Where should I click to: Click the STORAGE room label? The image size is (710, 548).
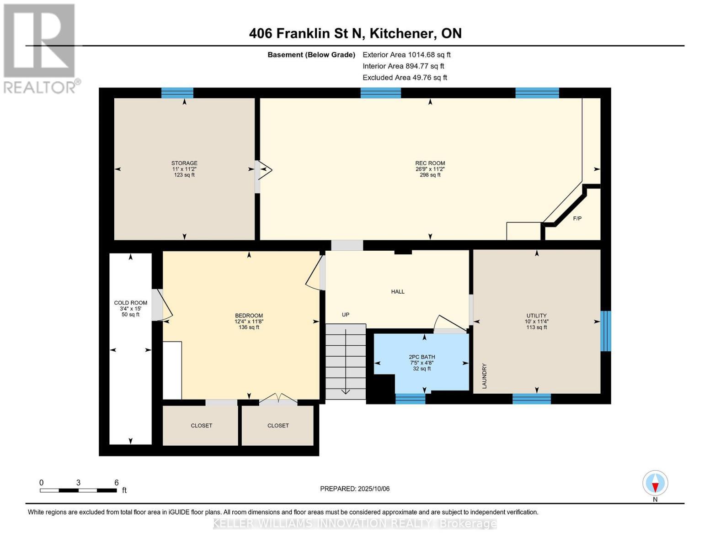[184, 163]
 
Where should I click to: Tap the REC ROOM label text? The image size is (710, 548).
[430, 163]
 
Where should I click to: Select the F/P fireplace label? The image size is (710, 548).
[577, 219]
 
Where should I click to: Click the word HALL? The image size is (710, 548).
[397, 292]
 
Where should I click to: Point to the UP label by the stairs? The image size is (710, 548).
[346, 315]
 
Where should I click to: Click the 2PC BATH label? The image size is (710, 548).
[422, 357]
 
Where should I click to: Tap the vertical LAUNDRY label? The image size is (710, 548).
[484, 376]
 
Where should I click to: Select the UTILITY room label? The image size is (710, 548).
[536, 316]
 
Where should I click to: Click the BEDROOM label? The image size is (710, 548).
[249, 316]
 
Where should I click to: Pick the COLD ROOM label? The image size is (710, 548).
[131, 303]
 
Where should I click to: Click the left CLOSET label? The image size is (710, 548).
[201, 426]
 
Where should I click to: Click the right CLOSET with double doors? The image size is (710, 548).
[278, 426]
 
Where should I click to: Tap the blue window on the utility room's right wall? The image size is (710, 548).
[605, 331]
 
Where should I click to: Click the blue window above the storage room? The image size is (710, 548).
[177, 93]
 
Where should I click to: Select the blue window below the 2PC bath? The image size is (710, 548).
[410, 399]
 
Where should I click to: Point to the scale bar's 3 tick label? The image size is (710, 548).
[79, 483]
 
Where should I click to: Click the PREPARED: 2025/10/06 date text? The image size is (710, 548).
[355, 489]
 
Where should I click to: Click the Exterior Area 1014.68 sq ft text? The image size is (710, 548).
[406, 55]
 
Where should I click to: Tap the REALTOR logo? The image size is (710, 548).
[40, 48]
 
